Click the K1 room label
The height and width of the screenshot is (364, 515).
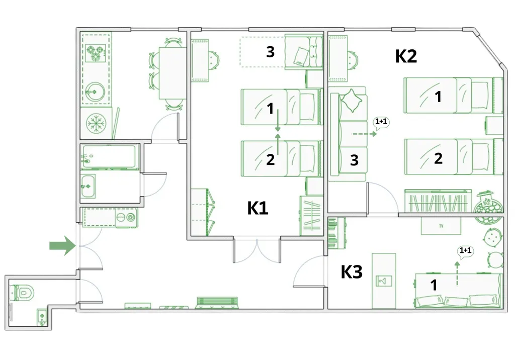point(257,208)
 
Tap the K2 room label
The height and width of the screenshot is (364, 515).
point(406,56)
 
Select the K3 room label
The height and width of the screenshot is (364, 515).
point(352,272)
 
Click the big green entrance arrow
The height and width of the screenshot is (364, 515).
point(63,245)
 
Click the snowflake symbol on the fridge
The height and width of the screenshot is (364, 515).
point(96,124)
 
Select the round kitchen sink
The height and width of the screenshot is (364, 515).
point(95,91)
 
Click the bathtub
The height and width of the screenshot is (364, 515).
point(109,157)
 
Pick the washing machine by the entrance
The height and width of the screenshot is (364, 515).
point(126,217)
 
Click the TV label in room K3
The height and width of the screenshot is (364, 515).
point(441,226)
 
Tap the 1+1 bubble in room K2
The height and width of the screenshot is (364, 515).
point(381,123)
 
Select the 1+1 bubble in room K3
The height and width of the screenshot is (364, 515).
point(465,251)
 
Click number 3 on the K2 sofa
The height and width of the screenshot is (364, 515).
point(354,160)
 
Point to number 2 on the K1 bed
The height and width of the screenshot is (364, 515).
point(270,159)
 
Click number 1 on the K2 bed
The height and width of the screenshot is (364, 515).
point(438,97)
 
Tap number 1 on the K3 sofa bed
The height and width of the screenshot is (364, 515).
point(434,285)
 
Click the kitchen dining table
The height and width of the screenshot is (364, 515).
point(173,73)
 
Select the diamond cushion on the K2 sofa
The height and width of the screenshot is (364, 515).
point(352,100)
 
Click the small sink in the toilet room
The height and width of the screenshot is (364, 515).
point(42,317)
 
